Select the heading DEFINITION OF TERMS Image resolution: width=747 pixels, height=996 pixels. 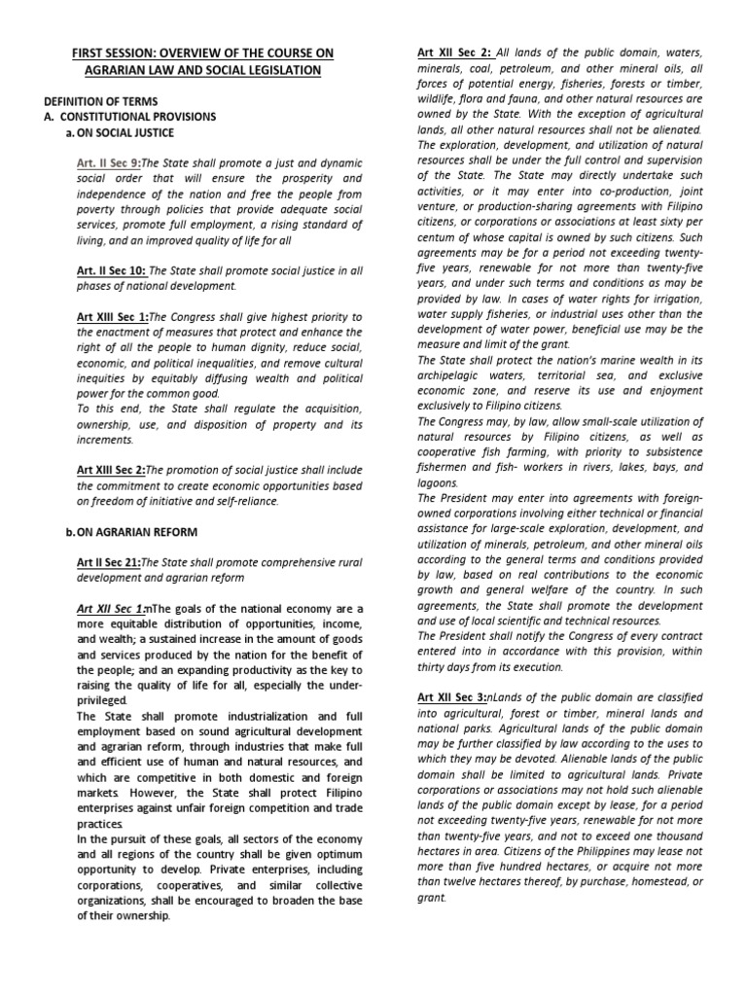(x=101, y=101)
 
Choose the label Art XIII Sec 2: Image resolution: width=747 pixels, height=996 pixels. (x=112, y=470)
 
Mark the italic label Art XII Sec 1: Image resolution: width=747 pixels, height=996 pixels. (x=110, y=609)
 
